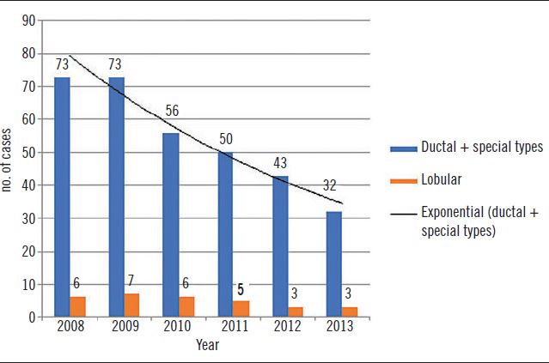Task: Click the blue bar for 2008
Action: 62,197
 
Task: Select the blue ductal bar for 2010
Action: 171,225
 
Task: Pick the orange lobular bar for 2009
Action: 132,306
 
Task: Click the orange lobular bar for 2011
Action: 241,309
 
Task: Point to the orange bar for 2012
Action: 295,312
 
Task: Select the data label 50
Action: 226,139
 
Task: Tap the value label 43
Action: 280,163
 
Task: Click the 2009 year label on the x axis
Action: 125,327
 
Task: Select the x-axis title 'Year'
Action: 206,345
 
